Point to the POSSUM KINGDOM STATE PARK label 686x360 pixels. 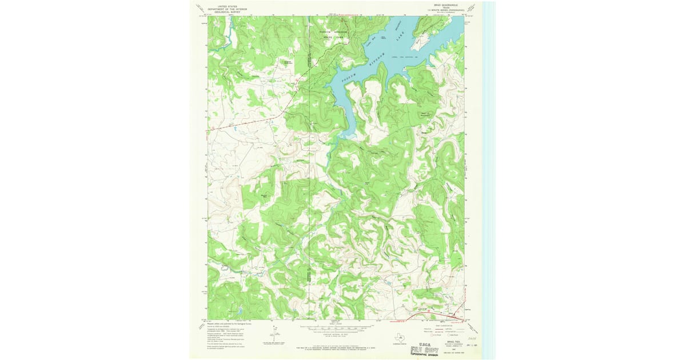[333, 34]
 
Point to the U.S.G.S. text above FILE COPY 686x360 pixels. [428, 345]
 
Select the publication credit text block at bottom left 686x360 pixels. [226, 337]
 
